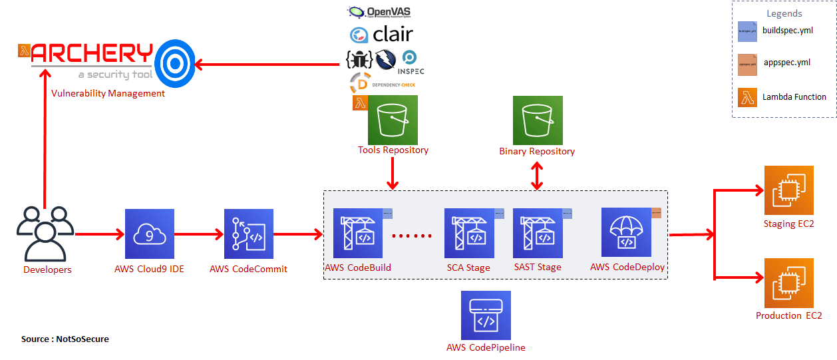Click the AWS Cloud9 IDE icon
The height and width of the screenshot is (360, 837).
pos(150,234)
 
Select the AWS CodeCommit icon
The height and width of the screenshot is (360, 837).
pos(248,234)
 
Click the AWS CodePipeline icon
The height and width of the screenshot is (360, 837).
pos(486,315)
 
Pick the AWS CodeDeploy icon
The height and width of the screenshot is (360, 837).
pos(626,232)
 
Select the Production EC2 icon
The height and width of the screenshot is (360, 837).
pos(789,283)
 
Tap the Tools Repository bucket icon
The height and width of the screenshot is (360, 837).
pos(393,120)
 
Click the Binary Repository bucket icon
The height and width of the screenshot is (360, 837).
pos(538,120)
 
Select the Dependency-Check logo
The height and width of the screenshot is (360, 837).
pos(383,84)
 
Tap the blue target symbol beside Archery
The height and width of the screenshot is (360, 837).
pos(175,63)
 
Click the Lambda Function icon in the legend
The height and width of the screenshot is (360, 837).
pos(747,97)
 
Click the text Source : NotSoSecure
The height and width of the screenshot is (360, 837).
pos(65,339)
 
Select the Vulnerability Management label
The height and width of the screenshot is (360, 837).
pos(108,93)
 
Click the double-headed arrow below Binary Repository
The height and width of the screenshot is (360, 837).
pos(538,174)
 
